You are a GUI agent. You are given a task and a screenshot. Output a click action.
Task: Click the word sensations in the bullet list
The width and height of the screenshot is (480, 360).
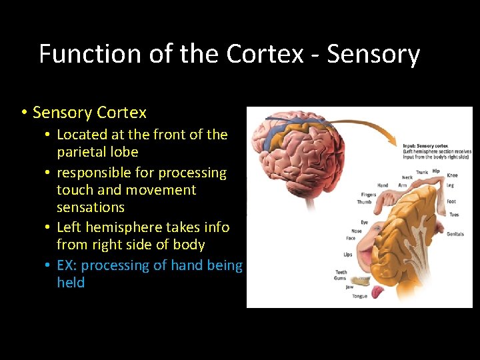coord(91,207)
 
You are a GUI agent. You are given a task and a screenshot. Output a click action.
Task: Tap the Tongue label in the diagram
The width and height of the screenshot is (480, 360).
coord(360,297)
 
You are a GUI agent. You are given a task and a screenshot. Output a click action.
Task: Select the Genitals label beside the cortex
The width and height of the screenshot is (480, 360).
coord(455,234)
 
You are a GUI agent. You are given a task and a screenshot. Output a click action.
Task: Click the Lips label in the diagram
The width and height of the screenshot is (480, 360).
coord(348,254)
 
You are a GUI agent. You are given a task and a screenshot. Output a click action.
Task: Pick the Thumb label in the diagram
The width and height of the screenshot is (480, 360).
coord(364,202)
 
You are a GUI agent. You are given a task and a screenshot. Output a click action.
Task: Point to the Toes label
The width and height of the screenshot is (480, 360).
coord(454,215)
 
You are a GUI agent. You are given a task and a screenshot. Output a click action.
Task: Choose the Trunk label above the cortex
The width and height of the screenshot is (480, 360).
coord(422,172)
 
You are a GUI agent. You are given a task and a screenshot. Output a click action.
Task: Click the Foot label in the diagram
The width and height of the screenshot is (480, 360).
coord(451,201)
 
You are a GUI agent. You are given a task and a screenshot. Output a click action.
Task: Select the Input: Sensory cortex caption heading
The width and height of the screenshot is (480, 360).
coord(428,145)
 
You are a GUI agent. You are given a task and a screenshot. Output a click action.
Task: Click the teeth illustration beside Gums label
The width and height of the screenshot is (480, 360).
coord(363,277)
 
